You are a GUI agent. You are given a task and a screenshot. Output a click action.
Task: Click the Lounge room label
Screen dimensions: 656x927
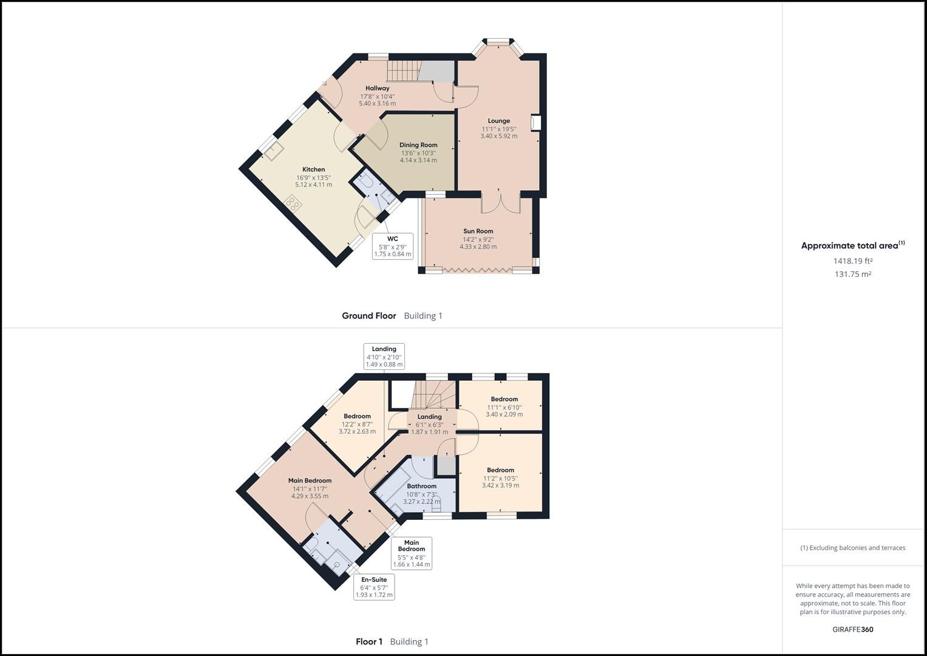tap(499, 121)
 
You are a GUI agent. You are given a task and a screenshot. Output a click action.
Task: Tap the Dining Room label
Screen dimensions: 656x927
tap(418, 145)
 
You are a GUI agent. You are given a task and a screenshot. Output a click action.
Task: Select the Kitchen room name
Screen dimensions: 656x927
tap(314, 169)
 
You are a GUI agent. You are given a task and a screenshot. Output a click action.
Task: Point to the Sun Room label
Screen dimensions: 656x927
tap(478, 231)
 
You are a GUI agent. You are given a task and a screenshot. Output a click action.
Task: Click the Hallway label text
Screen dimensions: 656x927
tap(378, 89)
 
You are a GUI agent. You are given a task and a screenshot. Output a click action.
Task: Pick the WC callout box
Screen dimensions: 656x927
tap(393, 246)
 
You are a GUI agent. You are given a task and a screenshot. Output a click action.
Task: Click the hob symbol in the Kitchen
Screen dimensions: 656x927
tap(294, 202)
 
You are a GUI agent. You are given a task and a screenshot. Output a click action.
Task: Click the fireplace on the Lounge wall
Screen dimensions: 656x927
tap(535, 123)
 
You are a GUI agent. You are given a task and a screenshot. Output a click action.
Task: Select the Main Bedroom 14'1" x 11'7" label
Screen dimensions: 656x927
tap(310, 481)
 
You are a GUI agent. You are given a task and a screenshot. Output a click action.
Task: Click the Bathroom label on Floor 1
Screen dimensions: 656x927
tap(422, 487)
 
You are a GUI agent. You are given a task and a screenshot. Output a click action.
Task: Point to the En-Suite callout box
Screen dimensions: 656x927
tap(374, 587)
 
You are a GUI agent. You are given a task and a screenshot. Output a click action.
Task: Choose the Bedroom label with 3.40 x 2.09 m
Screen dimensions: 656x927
tap(504, 400)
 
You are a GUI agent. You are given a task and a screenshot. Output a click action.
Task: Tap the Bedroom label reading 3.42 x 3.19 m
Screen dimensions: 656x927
tap(500, 470)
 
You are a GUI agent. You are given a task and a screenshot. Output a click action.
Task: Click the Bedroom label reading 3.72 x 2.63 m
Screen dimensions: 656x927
tap(357, 417)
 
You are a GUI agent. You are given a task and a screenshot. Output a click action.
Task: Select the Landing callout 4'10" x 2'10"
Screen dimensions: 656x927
tap(384, 357)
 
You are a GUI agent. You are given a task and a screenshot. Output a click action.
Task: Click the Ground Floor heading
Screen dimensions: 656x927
tap(368, 316)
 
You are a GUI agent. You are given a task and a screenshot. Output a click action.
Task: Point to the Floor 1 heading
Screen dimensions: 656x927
tap(369, 641)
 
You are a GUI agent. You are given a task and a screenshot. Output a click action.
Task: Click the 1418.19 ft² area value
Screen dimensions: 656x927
tap(852, 261)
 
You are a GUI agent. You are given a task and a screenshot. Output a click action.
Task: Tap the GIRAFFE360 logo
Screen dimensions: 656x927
tap(852, 629)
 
